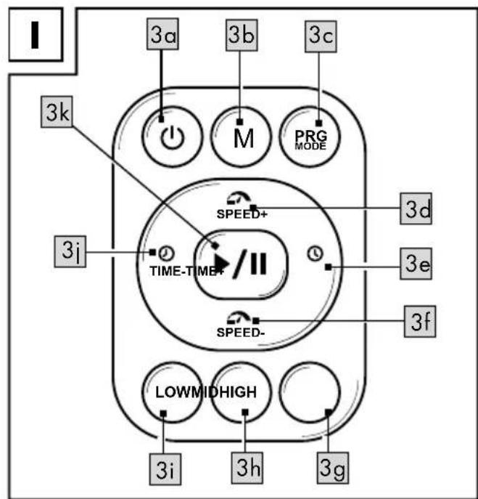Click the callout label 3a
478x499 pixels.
[x=162, y=34]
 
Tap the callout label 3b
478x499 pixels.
[x=242, y=35]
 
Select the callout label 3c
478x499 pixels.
[x=321, y=36]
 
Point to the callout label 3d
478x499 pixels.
[x=416, y=208]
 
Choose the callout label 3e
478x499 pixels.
[x=416, y=264]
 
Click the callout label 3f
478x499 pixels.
[x=420, y=322]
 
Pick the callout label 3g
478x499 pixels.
[x=333, y=468]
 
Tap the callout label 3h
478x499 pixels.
[x=247, y=468]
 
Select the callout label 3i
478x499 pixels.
[x=165, y=469]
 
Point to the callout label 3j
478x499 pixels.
[x=70, y=251]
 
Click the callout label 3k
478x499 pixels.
[x=57, y=112]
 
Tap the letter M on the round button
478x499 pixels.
[x=244, y=139]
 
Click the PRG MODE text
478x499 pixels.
[x=311, y=140]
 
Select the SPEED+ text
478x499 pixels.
[x=242, y=214]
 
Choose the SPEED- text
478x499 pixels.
[x=241, y=333]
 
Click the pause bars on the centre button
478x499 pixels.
[x=258, y=264]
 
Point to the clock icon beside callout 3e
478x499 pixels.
[x=315, y=253]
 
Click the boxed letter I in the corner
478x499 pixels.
[x=35, y=35]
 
